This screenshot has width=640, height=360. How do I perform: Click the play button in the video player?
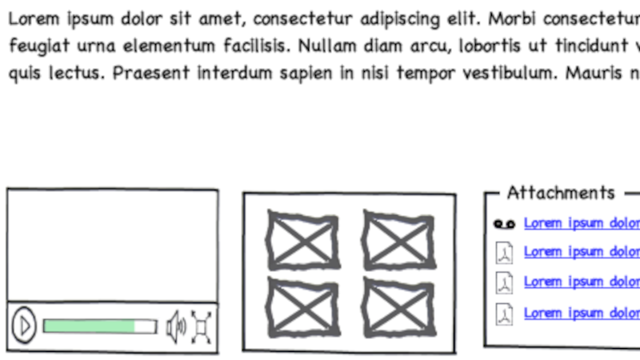point(24,326)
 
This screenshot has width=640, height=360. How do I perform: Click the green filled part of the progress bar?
point(89,326)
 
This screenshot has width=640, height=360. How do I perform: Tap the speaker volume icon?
point(175,326)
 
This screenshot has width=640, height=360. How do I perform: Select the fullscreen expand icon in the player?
point(202,326)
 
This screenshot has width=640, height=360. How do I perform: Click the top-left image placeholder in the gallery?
point(302,240)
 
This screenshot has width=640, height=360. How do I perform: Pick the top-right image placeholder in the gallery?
point(398,240)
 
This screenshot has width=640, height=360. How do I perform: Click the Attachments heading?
point(561,193)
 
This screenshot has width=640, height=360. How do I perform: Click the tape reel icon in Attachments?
point(504,224)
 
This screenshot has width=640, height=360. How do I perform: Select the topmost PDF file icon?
point(504,253)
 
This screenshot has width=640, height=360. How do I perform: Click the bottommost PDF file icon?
point(504,314)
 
